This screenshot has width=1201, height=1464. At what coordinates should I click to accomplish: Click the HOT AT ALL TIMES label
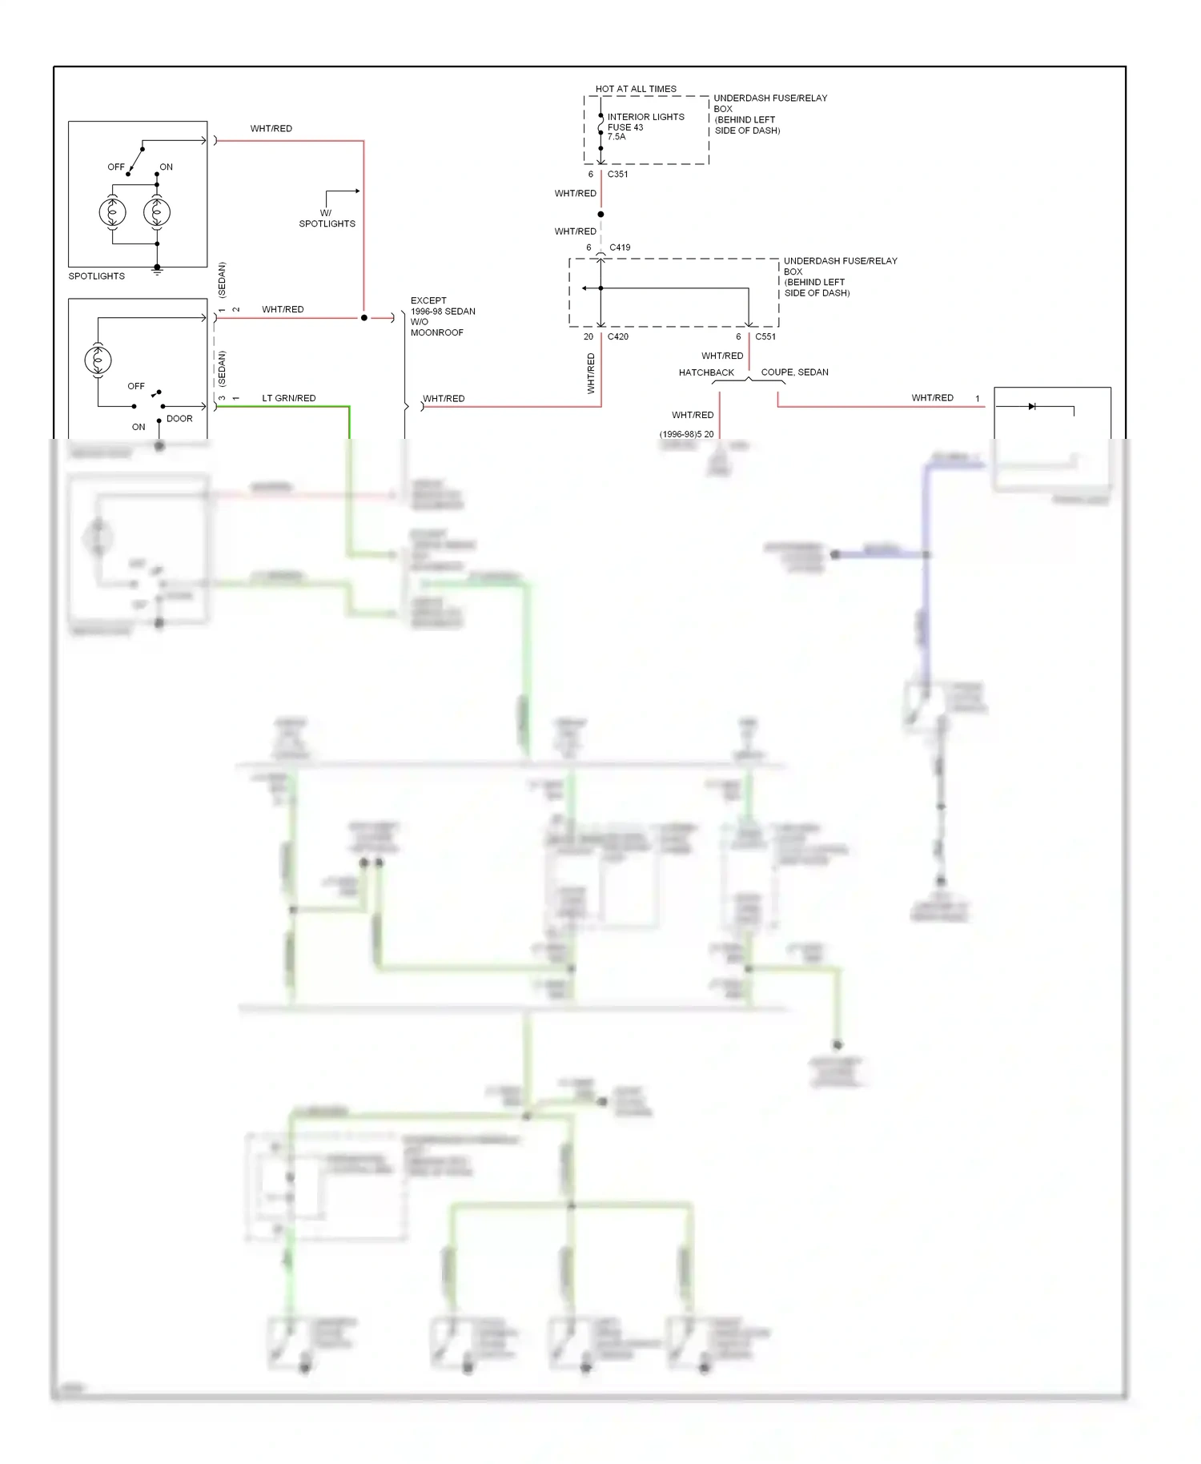coord(636,89)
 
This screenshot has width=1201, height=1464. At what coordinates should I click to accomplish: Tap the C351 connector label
coord(617,174)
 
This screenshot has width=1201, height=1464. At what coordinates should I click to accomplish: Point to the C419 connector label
coord(620,247)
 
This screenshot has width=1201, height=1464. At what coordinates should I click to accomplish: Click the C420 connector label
coord(617,336)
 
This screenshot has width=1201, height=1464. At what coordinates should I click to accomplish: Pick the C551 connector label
coord(765,336)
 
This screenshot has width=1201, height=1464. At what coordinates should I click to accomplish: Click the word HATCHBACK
coord(706,372)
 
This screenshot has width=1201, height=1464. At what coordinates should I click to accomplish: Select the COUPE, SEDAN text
coord(794,372)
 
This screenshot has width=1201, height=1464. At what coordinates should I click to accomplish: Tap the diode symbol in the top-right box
coord(1032,407)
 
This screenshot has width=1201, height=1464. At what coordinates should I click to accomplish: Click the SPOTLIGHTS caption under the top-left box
coord(97,276)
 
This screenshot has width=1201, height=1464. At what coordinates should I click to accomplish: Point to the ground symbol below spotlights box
coord(157,271)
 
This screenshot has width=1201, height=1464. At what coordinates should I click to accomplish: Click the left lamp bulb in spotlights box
coord(112,212)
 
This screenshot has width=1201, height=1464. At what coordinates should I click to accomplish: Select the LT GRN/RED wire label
coord(288,398)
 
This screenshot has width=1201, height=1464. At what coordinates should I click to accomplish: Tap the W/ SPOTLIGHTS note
coord(327,219)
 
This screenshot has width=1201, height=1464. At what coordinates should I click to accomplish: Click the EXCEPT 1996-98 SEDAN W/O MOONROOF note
coord(442,316)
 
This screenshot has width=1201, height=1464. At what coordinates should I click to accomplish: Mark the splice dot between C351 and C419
coord(600,214)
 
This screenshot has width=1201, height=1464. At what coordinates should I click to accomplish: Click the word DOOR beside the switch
coord(179,419)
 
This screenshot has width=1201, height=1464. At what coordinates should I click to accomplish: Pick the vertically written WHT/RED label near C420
coord(591,373)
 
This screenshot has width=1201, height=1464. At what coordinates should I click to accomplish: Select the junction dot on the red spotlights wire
coord(364,318)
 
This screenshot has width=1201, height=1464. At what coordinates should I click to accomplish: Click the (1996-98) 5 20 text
coord(686,434)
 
